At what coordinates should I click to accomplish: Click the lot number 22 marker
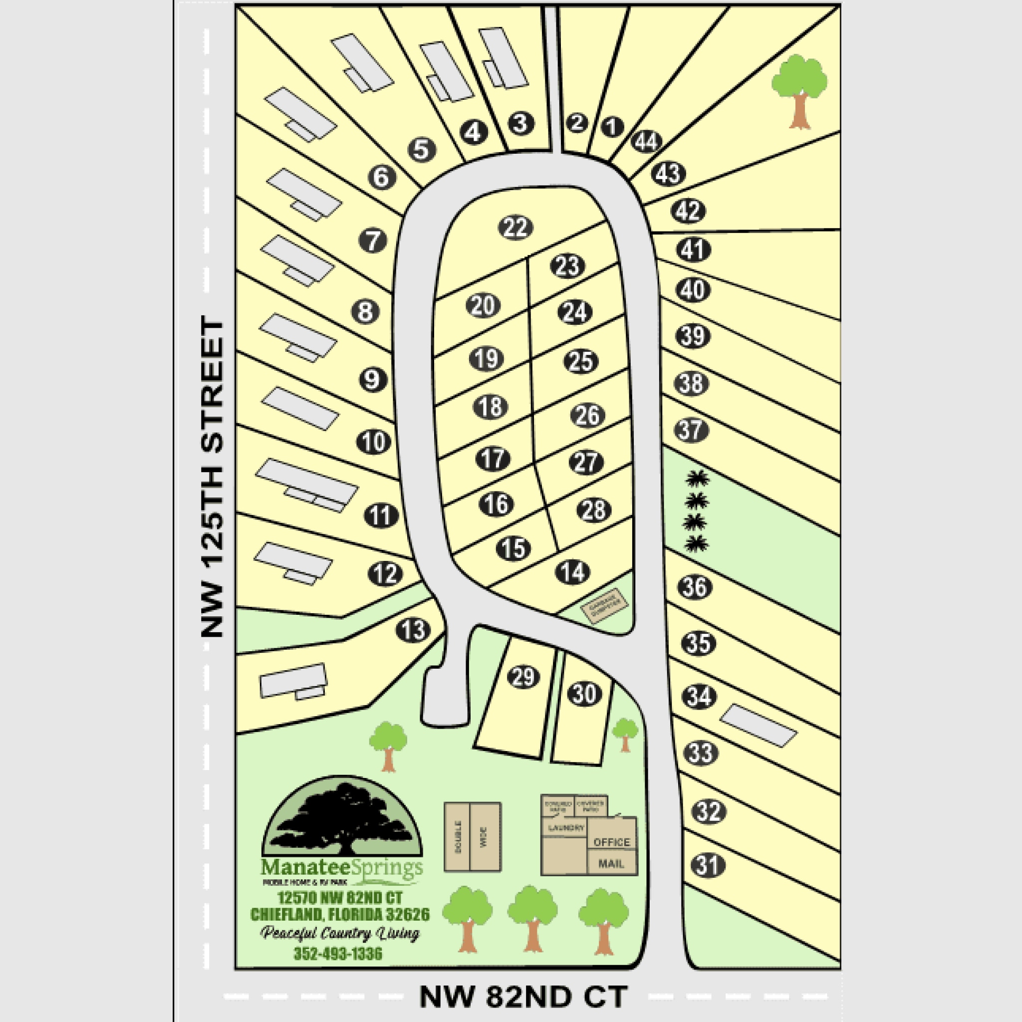(515, 228)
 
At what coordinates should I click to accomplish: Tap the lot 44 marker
(646, 141)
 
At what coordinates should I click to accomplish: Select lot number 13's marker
(413, 630)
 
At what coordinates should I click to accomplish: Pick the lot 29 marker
(523, 677)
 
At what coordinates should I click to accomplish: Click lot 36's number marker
(695, 587)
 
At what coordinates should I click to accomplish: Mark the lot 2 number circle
(577, 123)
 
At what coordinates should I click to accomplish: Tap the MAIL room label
(611, 864)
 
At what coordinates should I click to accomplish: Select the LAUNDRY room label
(566, 828)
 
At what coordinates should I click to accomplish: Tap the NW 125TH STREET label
(213, 476)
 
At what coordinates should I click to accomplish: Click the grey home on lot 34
(759, 725)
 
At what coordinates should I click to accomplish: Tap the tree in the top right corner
(799, 90)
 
